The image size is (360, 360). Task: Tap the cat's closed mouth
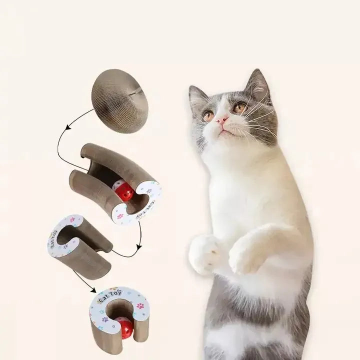(224, 131)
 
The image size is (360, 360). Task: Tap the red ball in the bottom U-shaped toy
(124, 327)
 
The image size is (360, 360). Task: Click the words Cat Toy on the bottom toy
(110, 296)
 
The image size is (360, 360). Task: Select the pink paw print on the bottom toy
(140, 305)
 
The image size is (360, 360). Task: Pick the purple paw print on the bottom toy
(105, 319)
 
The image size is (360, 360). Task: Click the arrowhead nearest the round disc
(68, 127)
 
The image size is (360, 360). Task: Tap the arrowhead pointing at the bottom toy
(93, 289)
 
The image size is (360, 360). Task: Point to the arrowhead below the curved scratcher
(139, 247)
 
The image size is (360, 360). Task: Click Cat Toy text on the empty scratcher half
(53, 239)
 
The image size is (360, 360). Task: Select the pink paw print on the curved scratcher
(120, 216)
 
